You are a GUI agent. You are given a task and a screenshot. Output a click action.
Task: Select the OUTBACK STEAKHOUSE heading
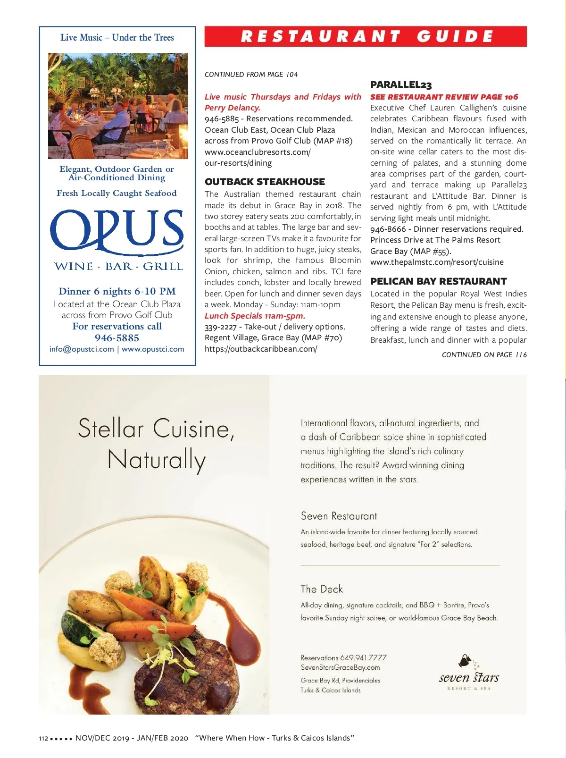pos(265,182)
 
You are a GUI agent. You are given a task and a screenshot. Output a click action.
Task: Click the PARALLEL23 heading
pos(401,85)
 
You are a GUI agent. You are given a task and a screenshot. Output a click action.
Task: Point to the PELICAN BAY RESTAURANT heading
pos(438,281)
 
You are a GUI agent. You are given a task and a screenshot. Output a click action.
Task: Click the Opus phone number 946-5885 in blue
pos(117,338)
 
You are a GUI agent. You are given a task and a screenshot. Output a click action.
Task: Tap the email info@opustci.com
pos(82,349)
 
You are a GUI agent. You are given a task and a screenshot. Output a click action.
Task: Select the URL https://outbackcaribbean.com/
pos(261,349)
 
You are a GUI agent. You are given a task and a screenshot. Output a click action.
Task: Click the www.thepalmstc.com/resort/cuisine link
pos(437,262)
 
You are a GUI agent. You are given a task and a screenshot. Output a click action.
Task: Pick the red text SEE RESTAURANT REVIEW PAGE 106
pos(444,97)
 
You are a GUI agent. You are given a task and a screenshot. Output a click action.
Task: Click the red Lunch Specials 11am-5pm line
pos(255,316)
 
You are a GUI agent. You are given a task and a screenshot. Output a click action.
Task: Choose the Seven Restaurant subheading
pos(339,516)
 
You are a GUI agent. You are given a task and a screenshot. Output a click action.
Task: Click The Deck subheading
pos(322,589)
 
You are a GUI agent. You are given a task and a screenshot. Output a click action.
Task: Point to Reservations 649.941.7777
pos(343,657)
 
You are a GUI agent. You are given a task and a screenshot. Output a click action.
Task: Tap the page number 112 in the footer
pos(43,738)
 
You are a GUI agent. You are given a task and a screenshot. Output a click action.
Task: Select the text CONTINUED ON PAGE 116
pos(484,355)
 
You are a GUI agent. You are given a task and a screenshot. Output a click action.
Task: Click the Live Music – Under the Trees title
pos(117,38)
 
